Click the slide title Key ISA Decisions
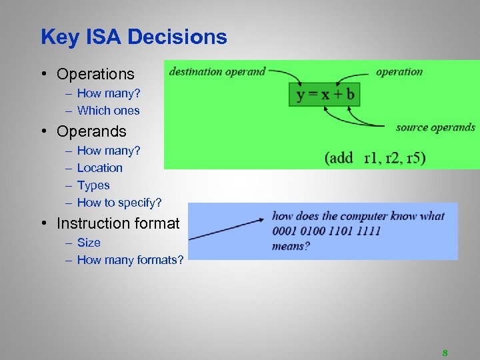point(133,37)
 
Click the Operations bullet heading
point(95,74)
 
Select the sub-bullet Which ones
point(108,111)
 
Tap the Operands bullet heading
point(91,131)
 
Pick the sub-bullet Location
point(100,168)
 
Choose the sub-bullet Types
point(93,185)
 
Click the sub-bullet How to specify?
point(119,203)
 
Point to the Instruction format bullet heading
point(118,223)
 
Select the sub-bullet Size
point(89,243)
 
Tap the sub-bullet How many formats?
point(130,260)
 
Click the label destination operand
point(217,71)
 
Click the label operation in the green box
point(399,72)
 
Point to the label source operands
point(435,127)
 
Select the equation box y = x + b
point(325,94)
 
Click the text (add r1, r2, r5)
point(375,158)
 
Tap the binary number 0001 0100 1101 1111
point(326,231)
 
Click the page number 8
point(445,353)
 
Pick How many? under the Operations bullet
point(109,93)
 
